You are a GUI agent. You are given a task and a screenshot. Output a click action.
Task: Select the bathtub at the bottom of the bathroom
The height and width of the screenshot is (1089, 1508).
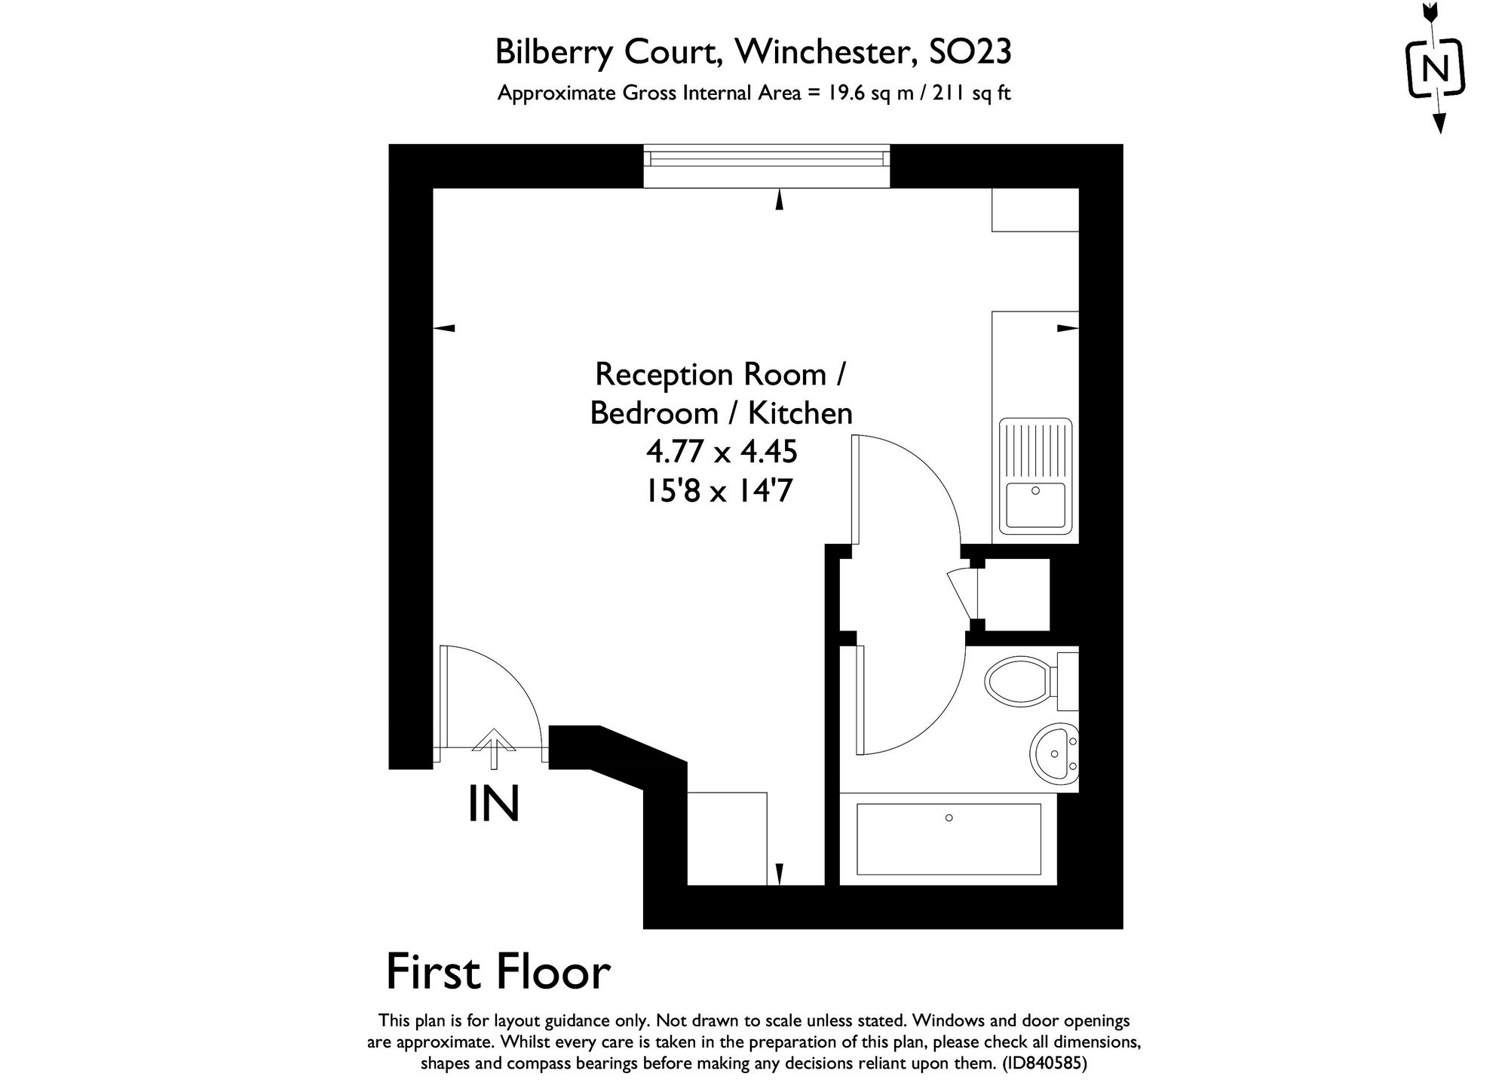[x=949, y=839]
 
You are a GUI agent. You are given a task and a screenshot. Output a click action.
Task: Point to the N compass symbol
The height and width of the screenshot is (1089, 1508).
[x=1436, y=70]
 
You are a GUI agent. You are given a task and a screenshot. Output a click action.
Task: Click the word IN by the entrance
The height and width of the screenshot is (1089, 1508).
[x=494, y=804]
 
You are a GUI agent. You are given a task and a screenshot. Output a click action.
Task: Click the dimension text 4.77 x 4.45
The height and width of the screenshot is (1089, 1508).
[x=722, y=452]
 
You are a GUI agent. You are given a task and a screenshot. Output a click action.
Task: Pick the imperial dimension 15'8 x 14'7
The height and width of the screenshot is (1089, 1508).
[x=719, y=492]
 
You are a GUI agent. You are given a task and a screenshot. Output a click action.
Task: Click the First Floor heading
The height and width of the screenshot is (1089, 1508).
[x=498, y=973]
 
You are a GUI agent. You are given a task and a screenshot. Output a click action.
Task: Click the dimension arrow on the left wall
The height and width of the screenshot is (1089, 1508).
[x=446, y=328]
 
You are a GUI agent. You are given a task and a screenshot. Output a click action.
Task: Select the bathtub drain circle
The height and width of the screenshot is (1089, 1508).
[x=949, y=818]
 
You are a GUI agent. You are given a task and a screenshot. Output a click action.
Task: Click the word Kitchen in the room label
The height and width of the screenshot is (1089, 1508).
[x=800, y=413]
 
